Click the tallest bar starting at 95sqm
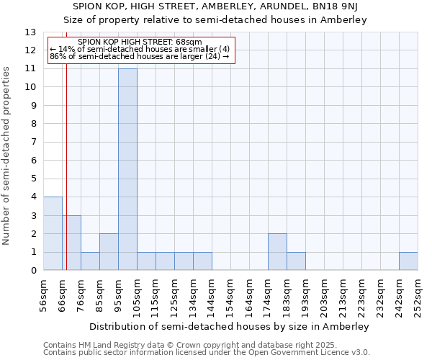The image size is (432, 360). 127,169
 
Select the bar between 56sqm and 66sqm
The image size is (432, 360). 53,233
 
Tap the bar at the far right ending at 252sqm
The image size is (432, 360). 408,261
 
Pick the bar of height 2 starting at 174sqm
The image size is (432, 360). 277,252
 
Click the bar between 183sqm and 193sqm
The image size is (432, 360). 296,261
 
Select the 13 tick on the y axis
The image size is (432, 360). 30,32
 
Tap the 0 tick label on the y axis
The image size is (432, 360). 33,271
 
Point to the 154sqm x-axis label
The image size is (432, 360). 231,294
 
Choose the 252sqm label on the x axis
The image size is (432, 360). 418,294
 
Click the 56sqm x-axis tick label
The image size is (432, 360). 44,294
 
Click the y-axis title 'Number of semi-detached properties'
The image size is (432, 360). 7,155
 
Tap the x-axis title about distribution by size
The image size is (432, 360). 230,326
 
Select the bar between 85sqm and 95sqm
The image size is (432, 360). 109,252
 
